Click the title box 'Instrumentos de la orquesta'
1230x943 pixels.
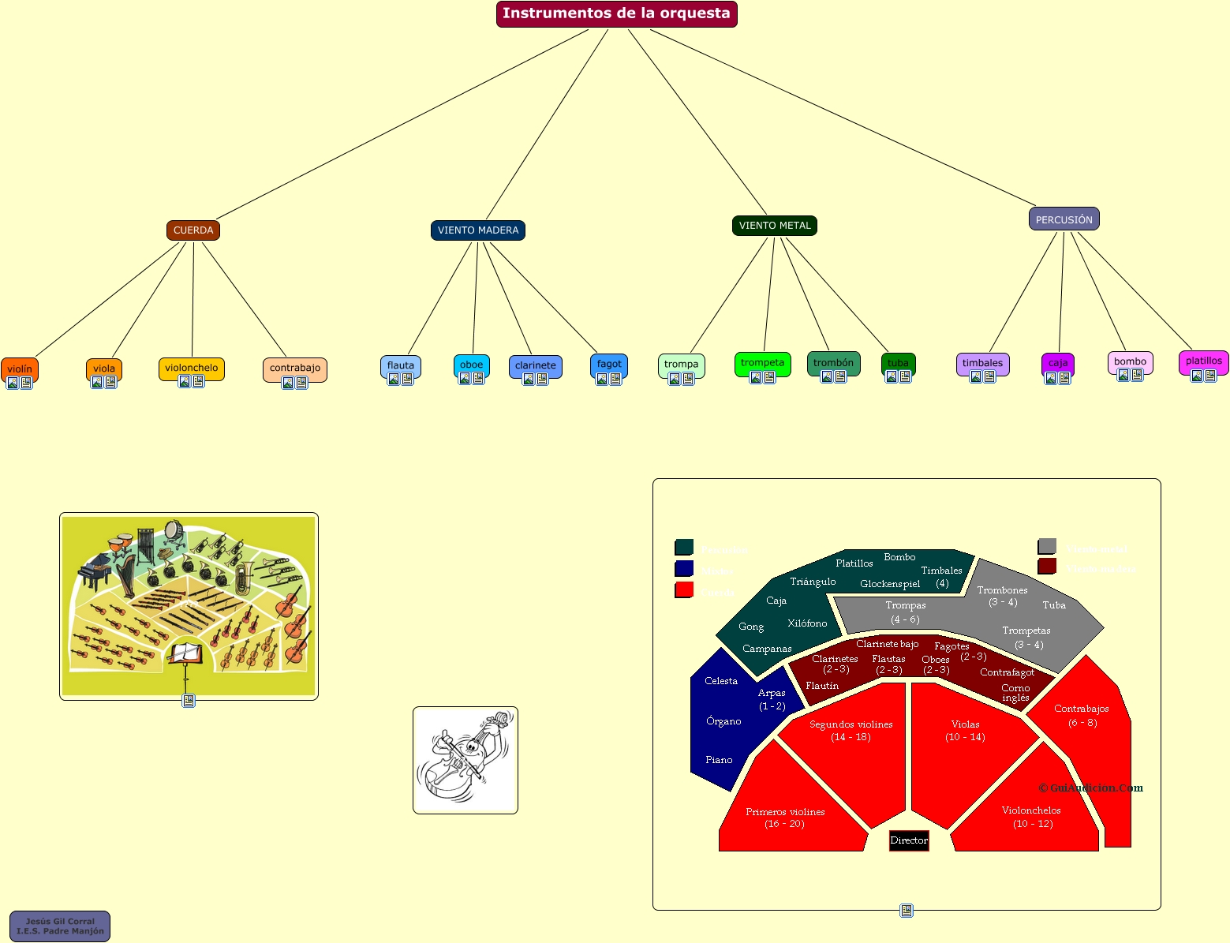(x=616, y=13)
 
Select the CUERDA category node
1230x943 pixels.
(x=193, y=230)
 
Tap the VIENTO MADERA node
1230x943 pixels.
(x=478, y=230)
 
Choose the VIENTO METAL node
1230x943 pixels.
(x=775, y=226)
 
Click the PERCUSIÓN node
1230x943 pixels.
(x=1064, y=219)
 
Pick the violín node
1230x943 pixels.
(x=20, y=369)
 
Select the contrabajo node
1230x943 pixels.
(x=295, y=368)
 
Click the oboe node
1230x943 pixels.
(x=471, y=365)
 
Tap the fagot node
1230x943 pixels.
(x=609, y=364)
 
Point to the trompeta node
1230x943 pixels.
(x=762, y=363)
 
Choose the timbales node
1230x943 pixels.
(x=982, y=363)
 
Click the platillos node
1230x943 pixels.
(x=1203, y=361)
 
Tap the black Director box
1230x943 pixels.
(x=909, y=840)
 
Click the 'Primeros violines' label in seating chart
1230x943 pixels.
(x=785, y=812)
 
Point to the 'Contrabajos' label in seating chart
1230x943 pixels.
(x=1082, y=709)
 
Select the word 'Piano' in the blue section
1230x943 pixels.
(x=719, y=760)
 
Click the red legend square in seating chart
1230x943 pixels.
(x=684, y=590)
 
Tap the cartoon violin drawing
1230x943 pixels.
(x=465, y=760)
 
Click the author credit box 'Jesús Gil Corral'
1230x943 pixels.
(x=60, y=926)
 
